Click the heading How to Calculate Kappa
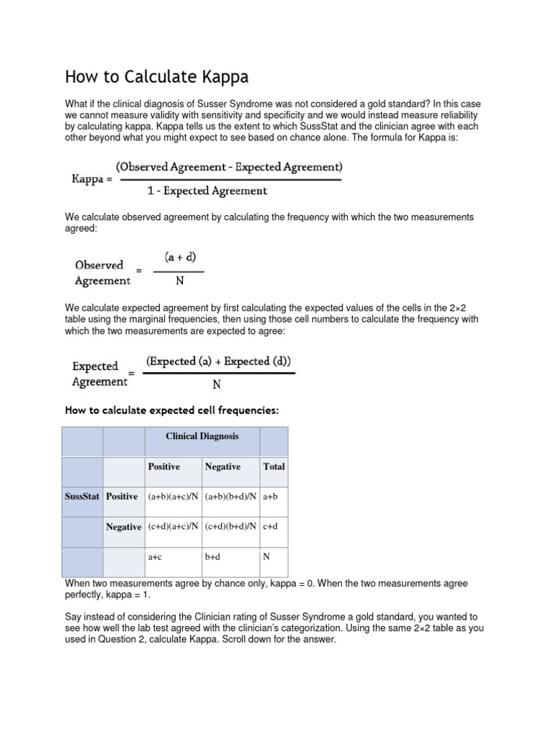pyautogui.click(x=157, y=77)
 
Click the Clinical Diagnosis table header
pyautogui.click(x=202, y=436)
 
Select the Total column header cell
pyautogui.click(x=274, y=466)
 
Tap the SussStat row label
pyautogui.click(x=82, y=497)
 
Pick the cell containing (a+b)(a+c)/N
pyautogui.click(x=173, y=497)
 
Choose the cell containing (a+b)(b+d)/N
pyautogui.click(x=230, y=497)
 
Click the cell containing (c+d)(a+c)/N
pyautogui.click(x=173, y=527)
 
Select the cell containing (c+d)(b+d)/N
pyautogui.click(x=230, y=527)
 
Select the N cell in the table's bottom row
pyautogui.click(x=267, y=556)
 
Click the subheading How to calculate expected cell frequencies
pyautogui.click(x=171, y=410)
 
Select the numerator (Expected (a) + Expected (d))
pyautogui.click(x=219, y=361)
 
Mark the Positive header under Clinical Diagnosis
pyautogui.click(x=163, y=466)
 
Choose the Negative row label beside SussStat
pyautogui.click(x=124, y=527)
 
